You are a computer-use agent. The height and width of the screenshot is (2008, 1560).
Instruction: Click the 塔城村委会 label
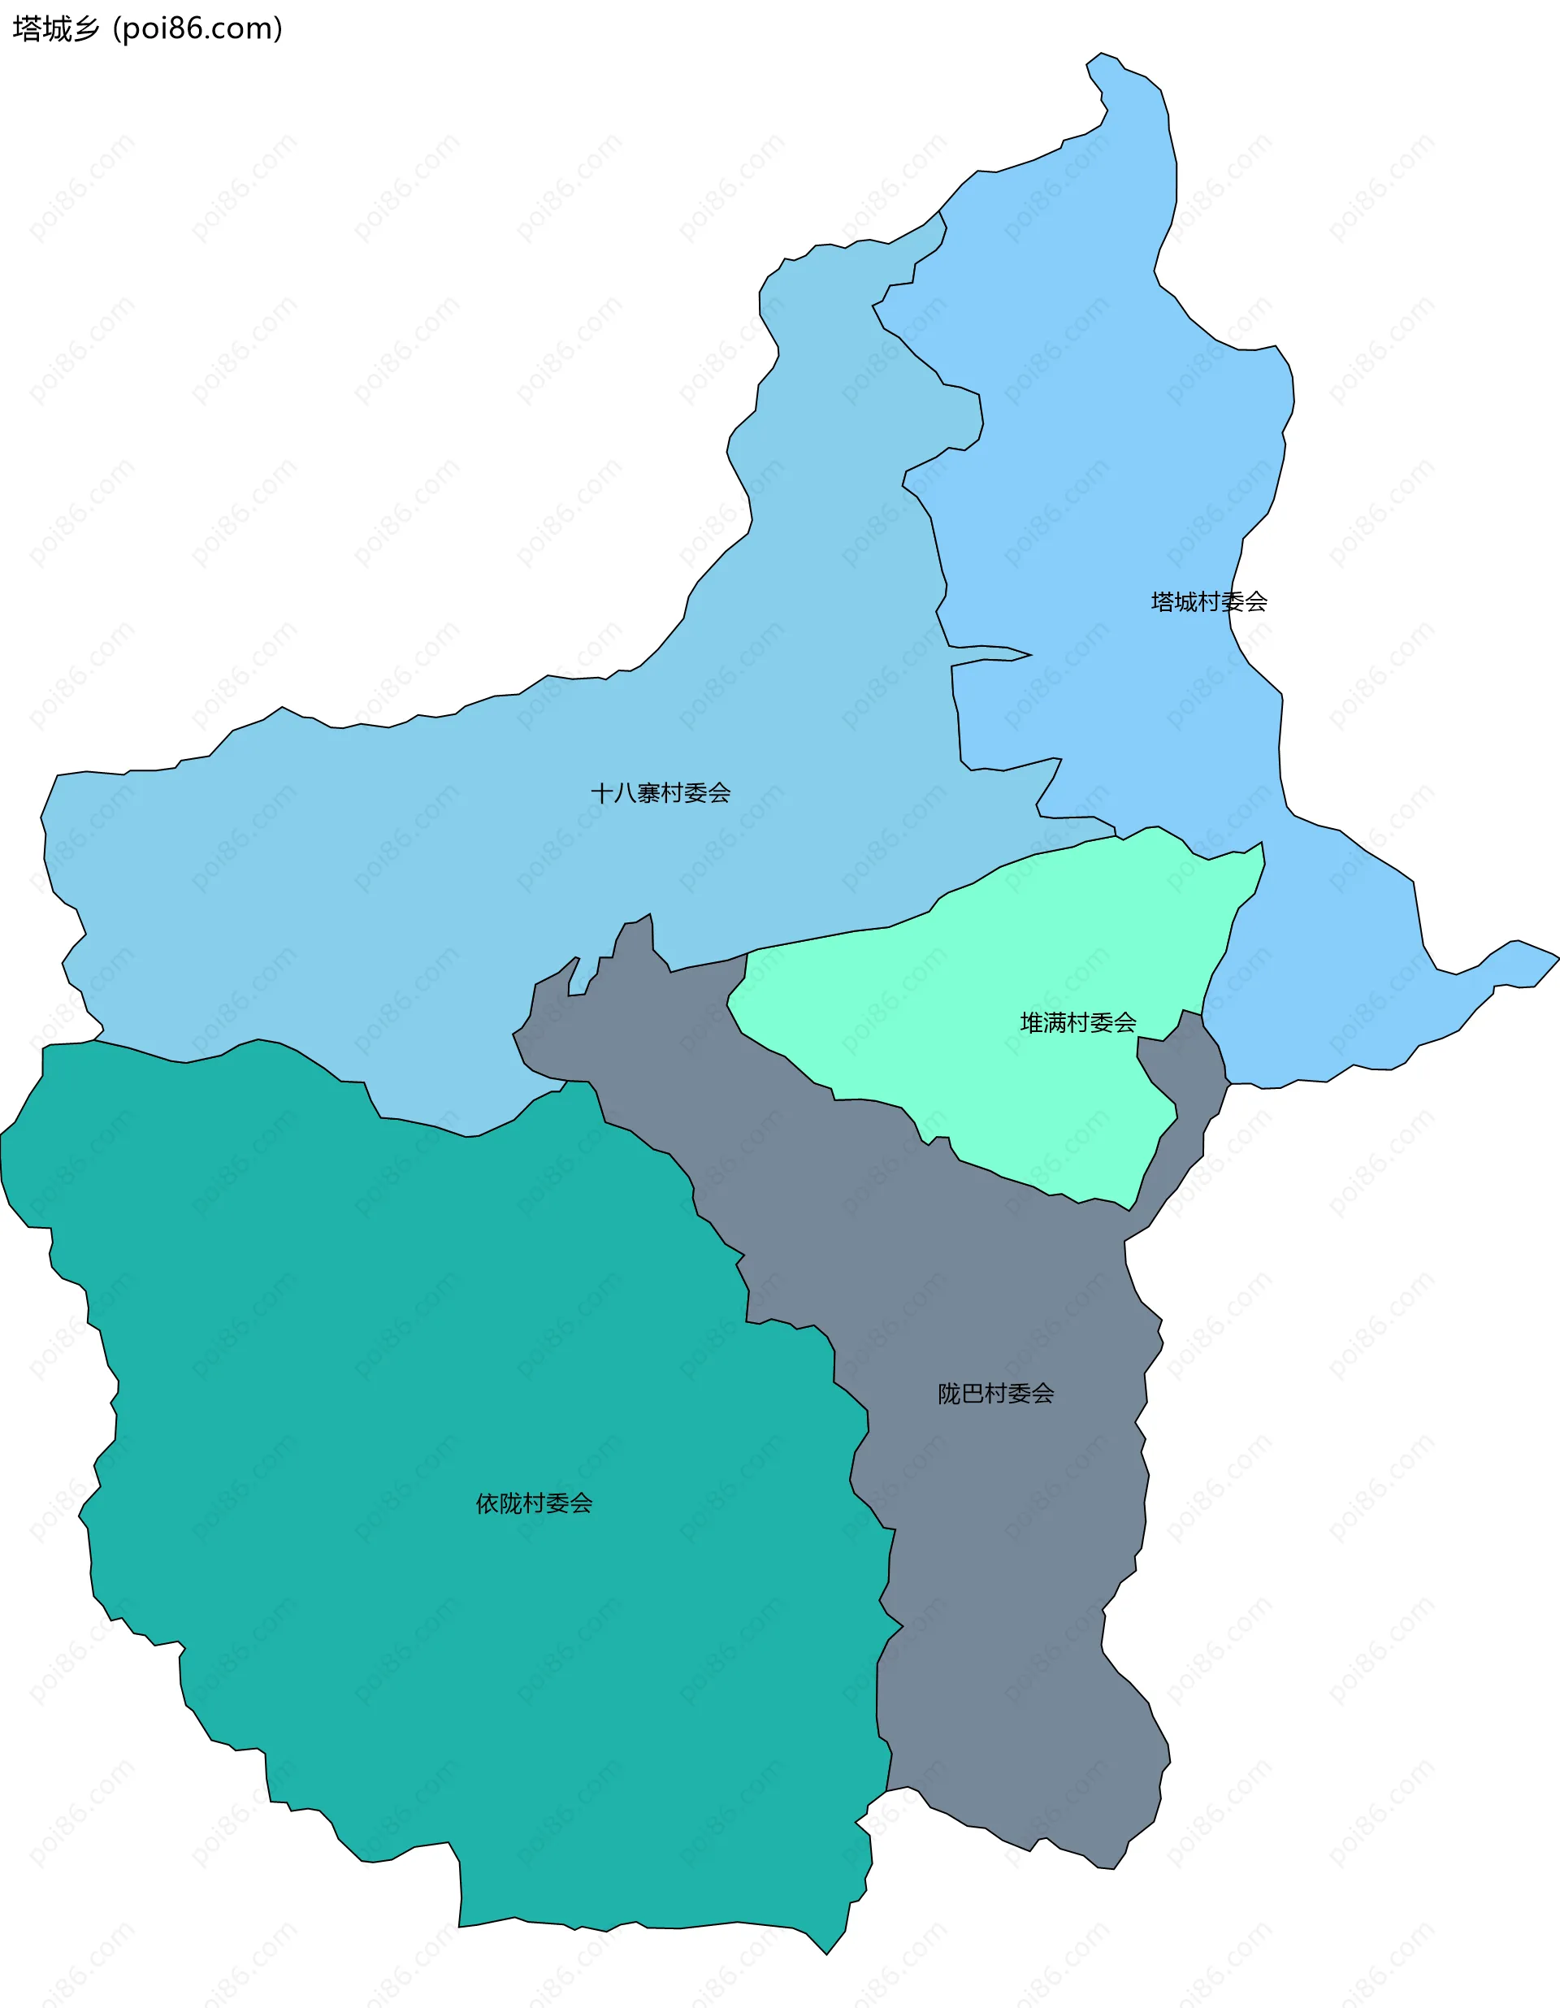coord(1209,602)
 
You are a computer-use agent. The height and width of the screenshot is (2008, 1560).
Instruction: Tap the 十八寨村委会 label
coord(660,792)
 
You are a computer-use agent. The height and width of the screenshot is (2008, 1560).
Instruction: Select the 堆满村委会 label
coord(1077,1022)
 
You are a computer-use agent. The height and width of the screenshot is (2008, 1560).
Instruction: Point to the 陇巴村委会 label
coord(995,1394)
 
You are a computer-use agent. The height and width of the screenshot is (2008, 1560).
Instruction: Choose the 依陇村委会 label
coord(533,1503)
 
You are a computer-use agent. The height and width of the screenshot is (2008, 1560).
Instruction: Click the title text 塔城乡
coord(56,29)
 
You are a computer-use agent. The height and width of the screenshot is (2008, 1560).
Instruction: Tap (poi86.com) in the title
coord(197,29)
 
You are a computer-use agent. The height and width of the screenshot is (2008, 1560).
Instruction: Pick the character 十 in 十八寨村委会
coord(602,792)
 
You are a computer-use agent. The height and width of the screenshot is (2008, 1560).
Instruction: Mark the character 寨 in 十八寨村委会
coord(648,792)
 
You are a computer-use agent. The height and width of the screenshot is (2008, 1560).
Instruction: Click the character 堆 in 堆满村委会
coord(1031,1022)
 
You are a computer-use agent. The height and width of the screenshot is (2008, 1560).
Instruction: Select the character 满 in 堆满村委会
coord(1055,1022)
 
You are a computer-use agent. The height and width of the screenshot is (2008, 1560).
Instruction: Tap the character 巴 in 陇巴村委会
coord(973,1394)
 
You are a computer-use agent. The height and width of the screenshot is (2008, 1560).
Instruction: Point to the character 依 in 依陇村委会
coord(487,1503)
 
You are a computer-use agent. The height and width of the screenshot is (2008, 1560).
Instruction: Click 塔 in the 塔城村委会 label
coord(1163,602)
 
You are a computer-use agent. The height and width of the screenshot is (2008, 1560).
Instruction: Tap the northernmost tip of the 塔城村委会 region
coord(1101,54)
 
